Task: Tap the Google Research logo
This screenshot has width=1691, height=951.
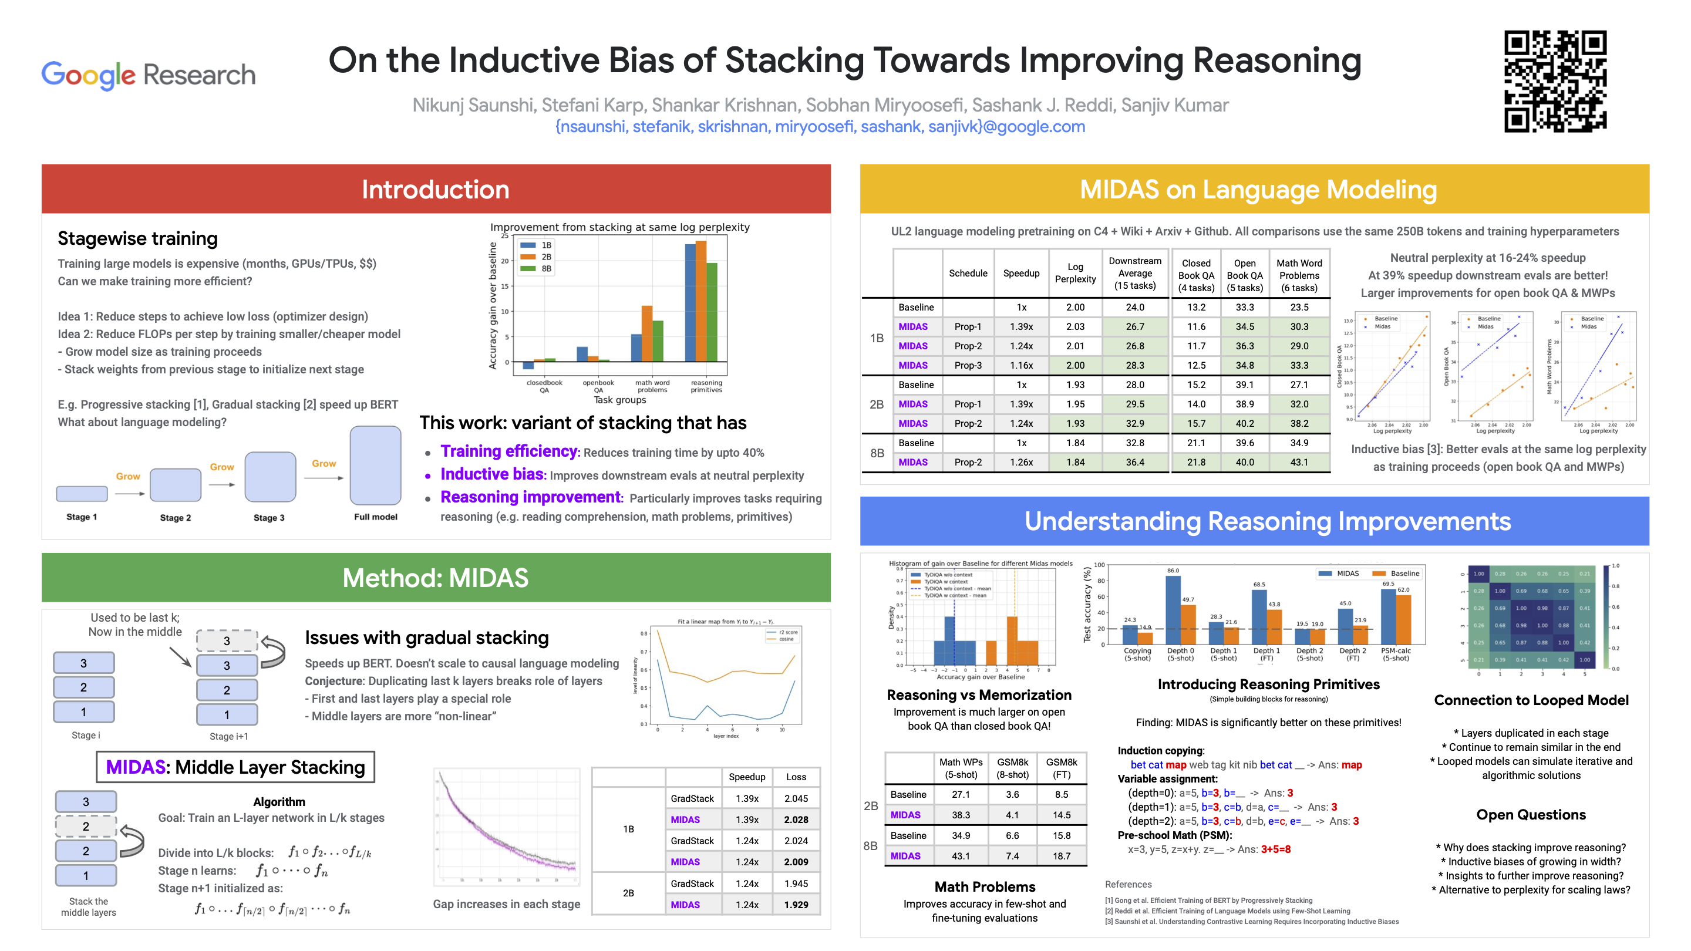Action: [x=149, y=75]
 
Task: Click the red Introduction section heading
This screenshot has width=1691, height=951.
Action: [x=436, y=190]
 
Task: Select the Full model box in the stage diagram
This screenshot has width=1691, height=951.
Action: [x=376, y=465]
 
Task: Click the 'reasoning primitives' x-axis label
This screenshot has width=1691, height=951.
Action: [x=706, y=386]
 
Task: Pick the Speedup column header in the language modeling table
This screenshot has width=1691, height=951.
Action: [x=1021, y=273]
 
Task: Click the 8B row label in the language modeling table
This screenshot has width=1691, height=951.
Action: [x=877, y=453]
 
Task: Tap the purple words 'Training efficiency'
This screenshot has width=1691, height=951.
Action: [x=508, y=451]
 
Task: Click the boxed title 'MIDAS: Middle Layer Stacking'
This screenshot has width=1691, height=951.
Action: [x=235, y=767]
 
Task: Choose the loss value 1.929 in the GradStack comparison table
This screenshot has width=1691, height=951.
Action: [x=796, y=905]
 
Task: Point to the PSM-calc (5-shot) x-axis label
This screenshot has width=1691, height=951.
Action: [x=1396, y=655]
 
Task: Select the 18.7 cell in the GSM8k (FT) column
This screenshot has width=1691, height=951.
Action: [x=1061, y=856]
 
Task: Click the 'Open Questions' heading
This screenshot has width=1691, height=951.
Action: [x=1531, y=814]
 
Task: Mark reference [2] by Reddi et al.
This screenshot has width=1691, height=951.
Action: [x=1227, y=911]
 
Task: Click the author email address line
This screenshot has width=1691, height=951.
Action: [x=820, y=127]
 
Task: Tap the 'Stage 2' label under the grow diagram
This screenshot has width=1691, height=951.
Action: [x=176, y=518]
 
